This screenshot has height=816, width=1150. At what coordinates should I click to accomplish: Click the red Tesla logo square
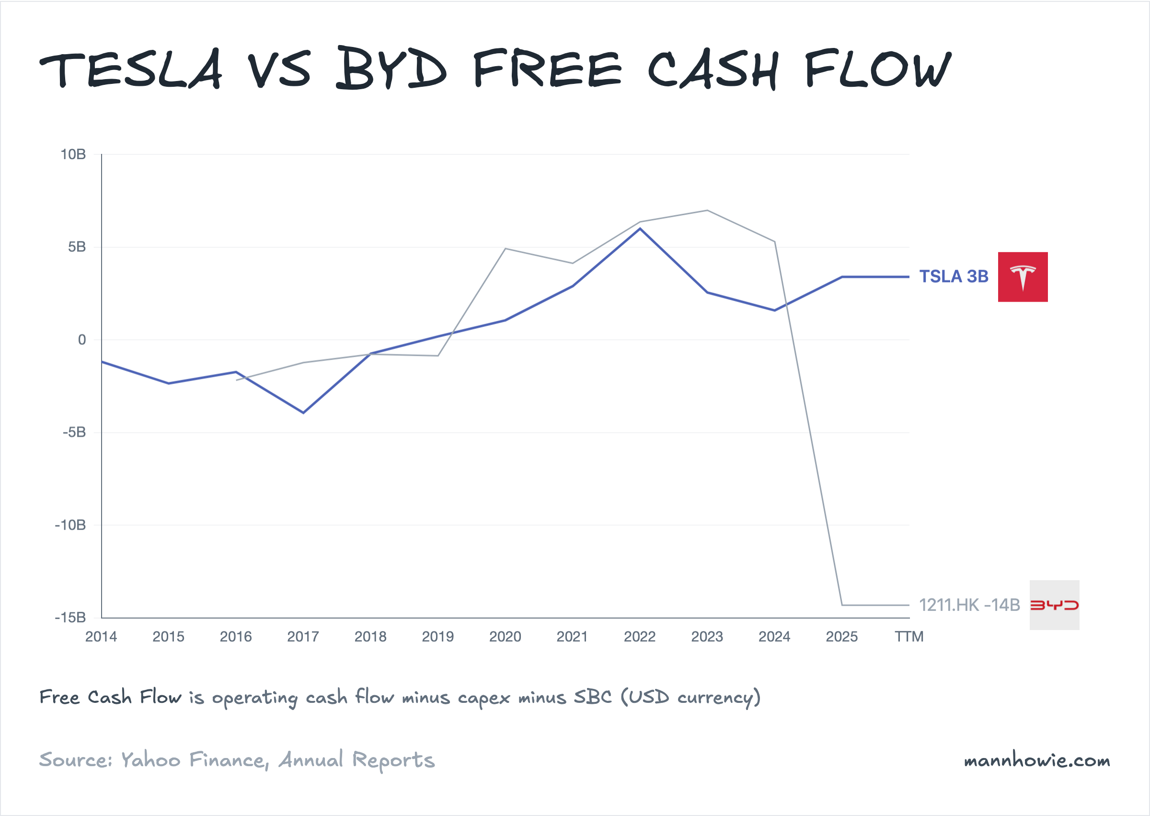(x=1023, y=277)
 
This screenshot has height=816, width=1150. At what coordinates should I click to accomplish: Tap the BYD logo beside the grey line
(x=1054, y=605)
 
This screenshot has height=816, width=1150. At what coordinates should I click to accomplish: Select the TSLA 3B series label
(x=953, y=277)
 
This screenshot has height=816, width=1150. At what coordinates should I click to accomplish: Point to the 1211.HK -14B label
(x=969, y=605)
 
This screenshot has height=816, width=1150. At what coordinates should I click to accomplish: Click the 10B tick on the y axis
(x=73, y=155)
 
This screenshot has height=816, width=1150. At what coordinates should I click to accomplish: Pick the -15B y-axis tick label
(x=71, y=618)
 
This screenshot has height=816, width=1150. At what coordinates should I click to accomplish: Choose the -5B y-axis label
(x=74, y=432)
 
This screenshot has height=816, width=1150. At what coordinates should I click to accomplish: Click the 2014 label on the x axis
(x=101, y=637)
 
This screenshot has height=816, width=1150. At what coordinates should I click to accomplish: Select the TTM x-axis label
(x=909, y=637)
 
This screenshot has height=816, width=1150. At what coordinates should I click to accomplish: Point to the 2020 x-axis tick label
(x=505, y=637)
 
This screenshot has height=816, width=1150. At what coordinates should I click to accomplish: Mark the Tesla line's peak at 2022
(x=640, y=229)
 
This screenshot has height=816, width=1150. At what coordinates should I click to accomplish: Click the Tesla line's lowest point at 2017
(x=303, y=413)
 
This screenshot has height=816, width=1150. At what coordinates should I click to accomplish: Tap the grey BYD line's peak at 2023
(x=707, y=210)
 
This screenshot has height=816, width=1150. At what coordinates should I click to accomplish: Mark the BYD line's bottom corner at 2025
(x=842, y=605)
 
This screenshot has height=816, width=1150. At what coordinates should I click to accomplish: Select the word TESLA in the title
(x=130, y=70)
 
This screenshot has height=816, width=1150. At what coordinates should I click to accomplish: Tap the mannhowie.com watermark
(x=1036, y=760)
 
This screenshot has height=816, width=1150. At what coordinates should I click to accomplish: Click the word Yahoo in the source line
(x=150, y=760)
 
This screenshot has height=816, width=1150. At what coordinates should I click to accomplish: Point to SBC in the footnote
(x=593, y=698)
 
